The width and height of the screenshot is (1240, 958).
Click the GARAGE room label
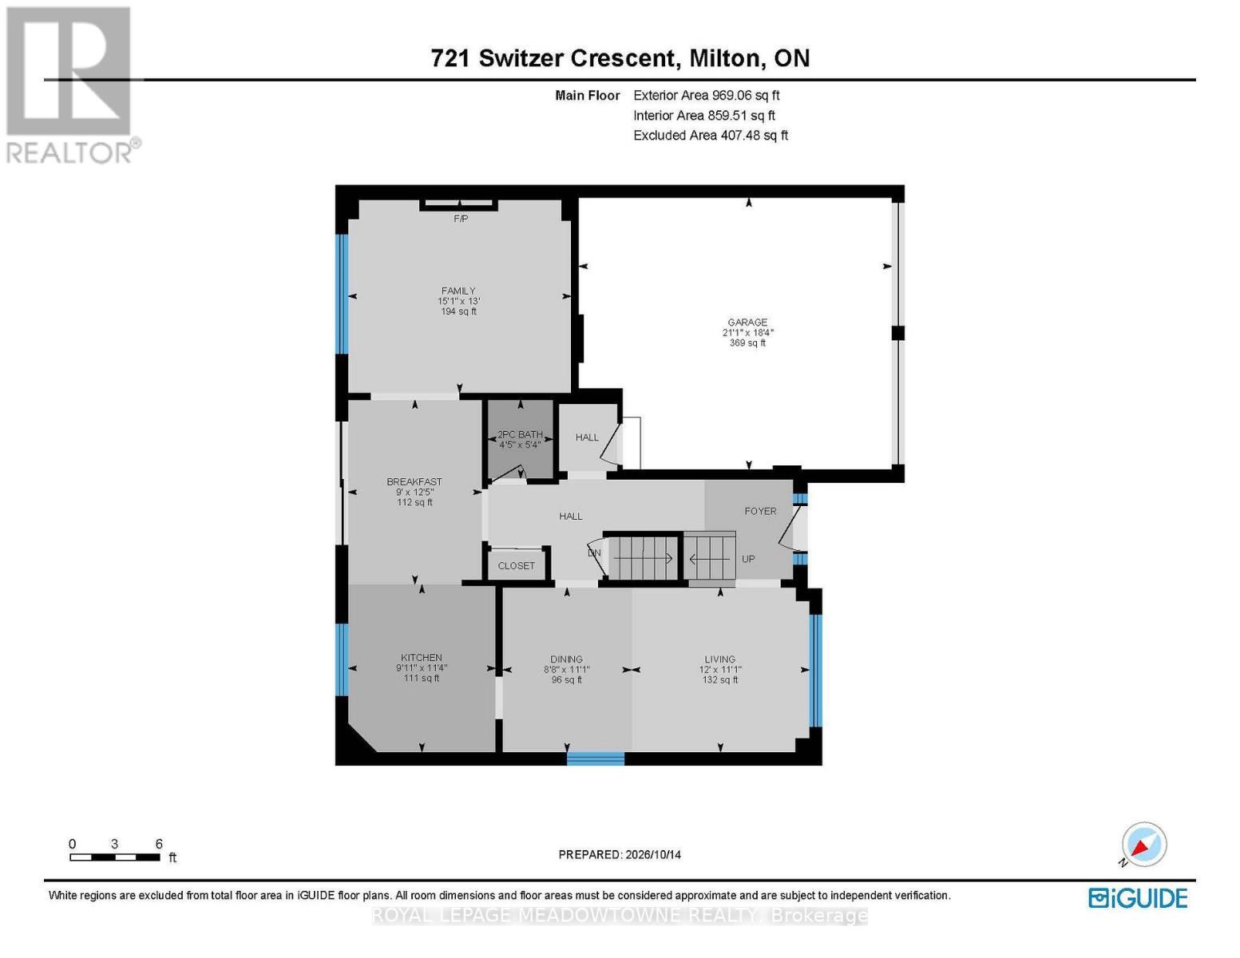pos(747,322)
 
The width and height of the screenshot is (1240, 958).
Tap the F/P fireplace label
pos(461,219)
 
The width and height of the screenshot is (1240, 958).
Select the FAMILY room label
pos(458,291)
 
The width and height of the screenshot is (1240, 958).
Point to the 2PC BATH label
pos(520,434)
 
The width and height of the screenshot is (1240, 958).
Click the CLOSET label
pos(516,565)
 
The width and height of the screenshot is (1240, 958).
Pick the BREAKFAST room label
pos(414,481)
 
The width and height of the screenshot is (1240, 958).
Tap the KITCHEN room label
pos(421,657)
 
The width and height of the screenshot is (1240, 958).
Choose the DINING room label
pos(567,659)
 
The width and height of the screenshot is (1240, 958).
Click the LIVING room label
pos(719,659)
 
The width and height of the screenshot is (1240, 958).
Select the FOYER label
pos(760,511)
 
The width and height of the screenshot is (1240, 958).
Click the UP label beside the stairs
pos(748,559)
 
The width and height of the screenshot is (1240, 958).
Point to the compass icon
pos(1143,845)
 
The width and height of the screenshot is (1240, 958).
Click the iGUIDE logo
pos(1138,898)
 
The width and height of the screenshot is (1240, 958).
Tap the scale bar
pos(115,857)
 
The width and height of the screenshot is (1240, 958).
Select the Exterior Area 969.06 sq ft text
pos(707,95)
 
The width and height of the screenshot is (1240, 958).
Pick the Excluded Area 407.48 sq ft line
pos(711,135)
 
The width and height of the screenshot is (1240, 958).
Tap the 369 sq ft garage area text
pos(747,343)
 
